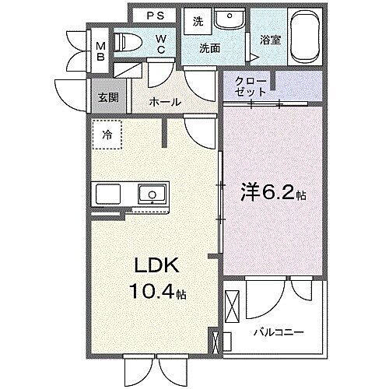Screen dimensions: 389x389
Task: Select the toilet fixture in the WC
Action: point(127,43)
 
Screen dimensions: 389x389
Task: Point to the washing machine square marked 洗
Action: point(198,22)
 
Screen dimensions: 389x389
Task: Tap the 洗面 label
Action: point(209,48)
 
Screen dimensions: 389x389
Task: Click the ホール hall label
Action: point(165,102)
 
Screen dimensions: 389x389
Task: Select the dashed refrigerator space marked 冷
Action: point(107,134)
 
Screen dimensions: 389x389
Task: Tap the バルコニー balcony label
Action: point(278,333)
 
